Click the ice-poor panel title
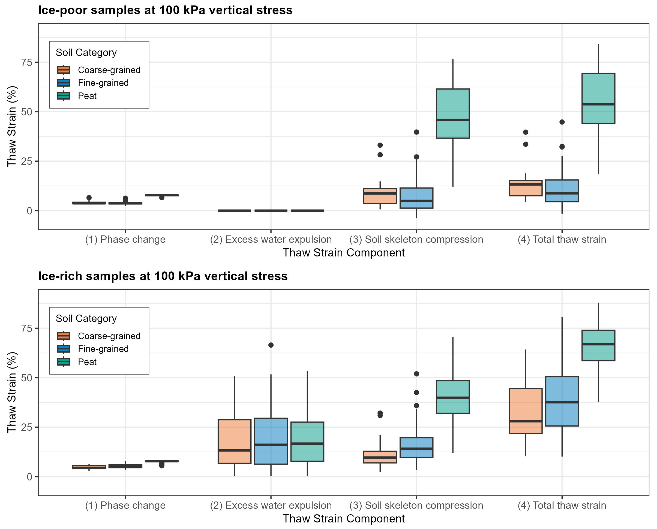[x=165, y=10]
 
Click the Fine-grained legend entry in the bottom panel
[x=103, y=349]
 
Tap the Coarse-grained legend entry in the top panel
[x=109, y=70]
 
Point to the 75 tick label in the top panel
[x=26, y=62]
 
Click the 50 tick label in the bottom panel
[x=26, y=378]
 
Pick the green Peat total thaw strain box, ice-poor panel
[x=598, y=98]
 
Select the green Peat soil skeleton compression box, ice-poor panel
[x=452, y=113]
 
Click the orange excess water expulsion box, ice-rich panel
[x=234, y=441]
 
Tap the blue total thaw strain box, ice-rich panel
[x=562, y=401]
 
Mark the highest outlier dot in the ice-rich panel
[x=271, y=345]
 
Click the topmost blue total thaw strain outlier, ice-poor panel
[x=562, y=122]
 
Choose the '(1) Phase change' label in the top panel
[x=125, y=240]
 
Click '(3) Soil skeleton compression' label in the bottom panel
[x=416, y=506]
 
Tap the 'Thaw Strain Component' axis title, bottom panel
[x=343, y=519]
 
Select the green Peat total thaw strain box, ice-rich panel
[x=598, y=345]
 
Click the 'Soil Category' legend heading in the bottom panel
[x=86, y=319]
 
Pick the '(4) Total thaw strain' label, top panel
[x=562, y=240]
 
